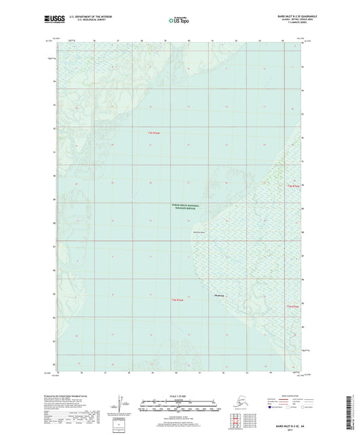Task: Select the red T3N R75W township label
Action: (153, 133)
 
